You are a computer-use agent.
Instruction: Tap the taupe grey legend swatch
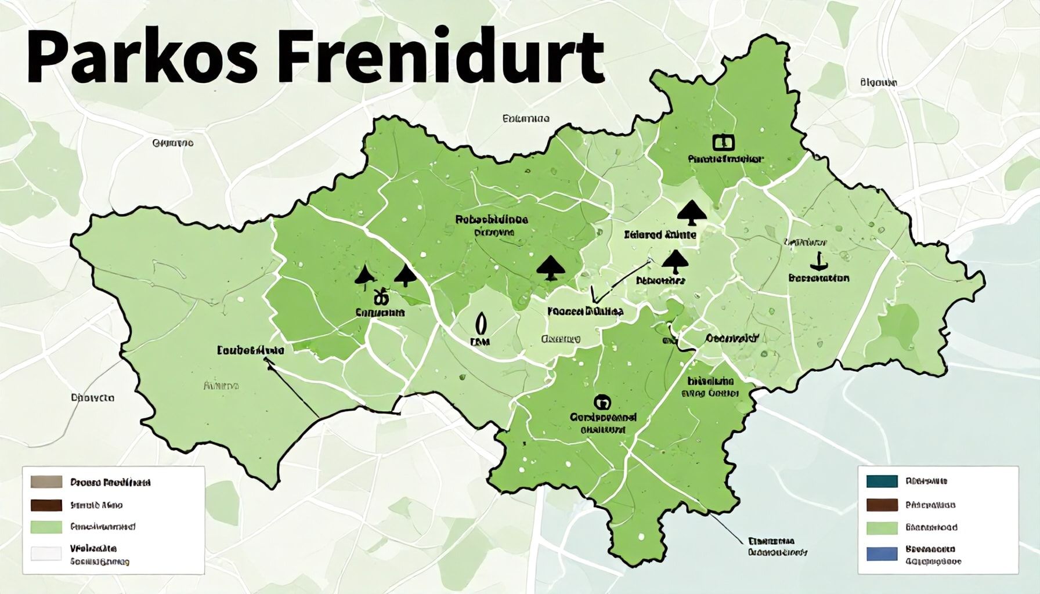coord(46,482)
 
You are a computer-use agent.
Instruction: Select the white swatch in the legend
coord(46,553)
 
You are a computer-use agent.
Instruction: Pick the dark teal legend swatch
coord(882,481)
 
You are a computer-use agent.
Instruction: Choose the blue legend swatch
coord(882,554)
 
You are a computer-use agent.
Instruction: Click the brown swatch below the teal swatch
coord(882,505)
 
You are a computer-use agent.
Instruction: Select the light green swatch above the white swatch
coord(46,527)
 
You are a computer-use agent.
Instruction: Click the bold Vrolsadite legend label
coord(93,548)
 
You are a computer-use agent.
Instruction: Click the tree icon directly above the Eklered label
coord(691,213)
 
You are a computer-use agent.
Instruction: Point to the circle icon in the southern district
coord(602,401)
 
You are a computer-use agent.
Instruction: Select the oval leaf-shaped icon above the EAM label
coord(480,322)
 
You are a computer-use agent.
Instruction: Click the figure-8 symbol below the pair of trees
coord(380,297)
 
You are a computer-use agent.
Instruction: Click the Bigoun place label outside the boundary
coord(878,83)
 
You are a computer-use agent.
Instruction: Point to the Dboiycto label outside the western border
coord(92,398)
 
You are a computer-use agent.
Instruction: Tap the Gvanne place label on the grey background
coord(172,143)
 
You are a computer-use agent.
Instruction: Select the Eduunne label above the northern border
coord(525,119)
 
